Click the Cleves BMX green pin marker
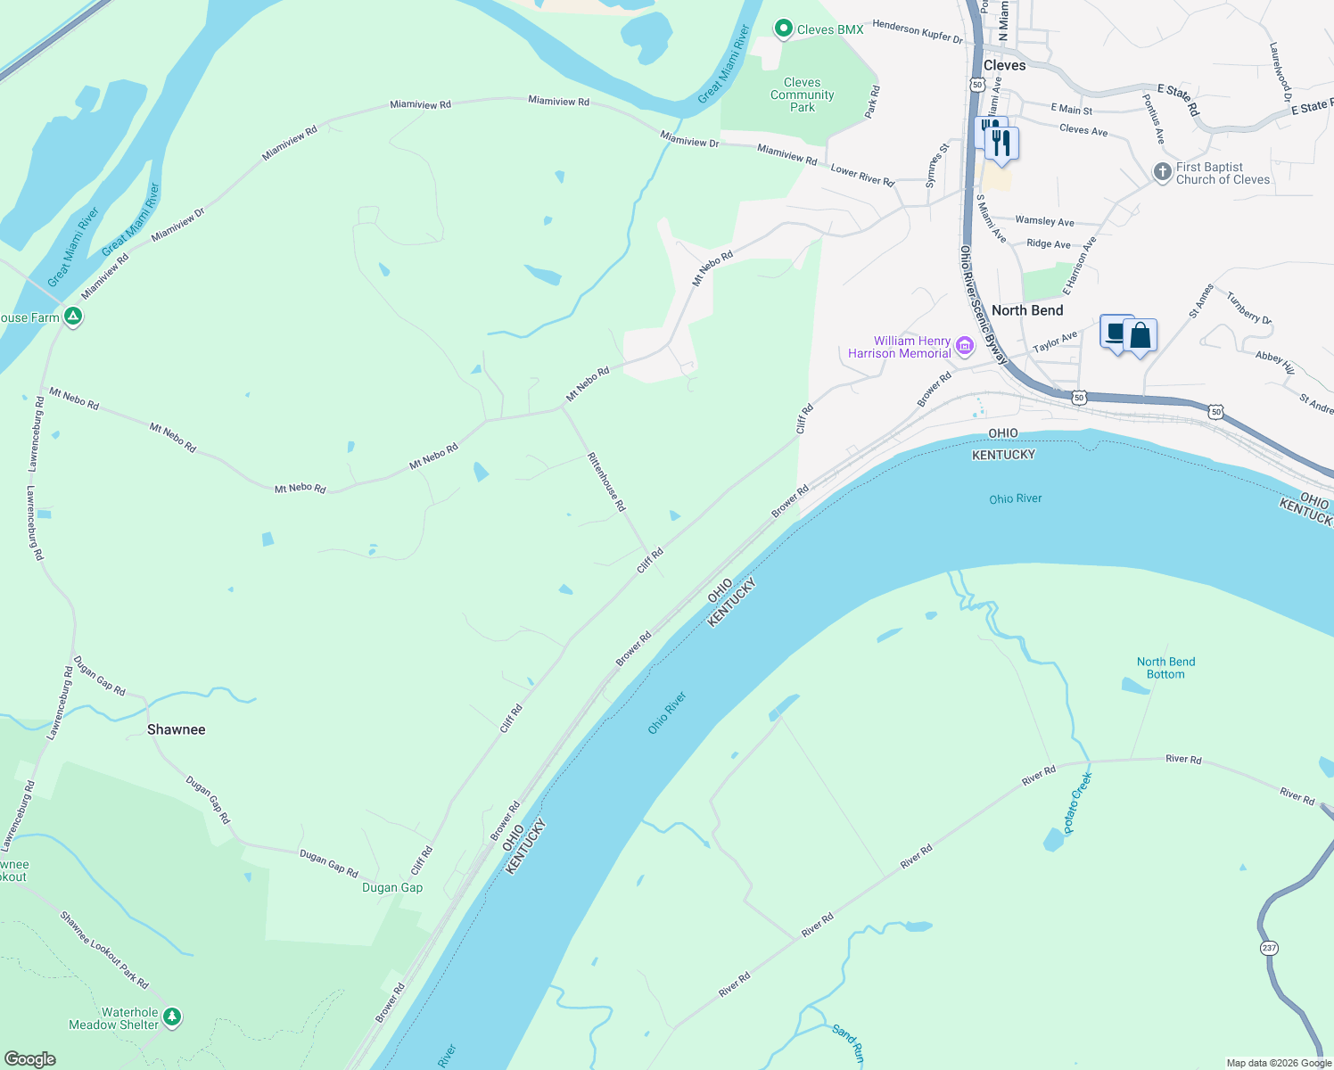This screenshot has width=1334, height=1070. (783, 29)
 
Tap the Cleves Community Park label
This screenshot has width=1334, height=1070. (803, 95)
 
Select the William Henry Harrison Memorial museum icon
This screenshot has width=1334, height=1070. (964, 346)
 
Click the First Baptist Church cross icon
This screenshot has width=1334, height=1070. (1162, 172)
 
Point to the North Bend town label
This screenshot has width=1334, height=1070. (1027, 310)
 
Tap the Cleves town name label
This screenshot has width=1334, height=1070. (1004, 65)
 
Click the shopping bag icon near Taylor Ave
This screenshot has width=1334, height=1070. (1140, 336)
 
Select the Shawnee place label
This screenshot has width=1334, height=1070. (176, 729)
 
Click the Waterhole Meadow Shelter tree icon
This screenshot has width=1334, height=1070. (172, 1017)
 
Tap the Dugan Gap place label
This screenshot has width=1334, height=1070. (392, 887)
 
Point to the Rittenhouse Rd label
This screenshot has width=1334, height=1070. (606, 481)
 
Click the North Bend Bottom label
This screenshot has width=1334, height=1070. (1165, 668)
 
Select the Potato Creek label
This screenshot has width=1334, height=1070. (1077, 802)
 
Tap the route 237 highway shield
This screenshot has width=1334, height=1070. (1270, 947)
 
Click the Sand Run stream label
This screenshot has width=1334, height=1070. (847, 1043)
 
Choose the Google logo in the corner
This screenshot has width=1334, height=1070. (30, 1059)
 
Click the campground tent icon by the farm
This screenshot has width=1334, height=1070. (73, 316)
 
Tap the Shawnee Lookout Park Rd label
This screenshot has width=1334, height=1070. (103, 949)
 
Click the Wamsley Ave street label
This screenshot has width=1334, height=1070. (1044, 221)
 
